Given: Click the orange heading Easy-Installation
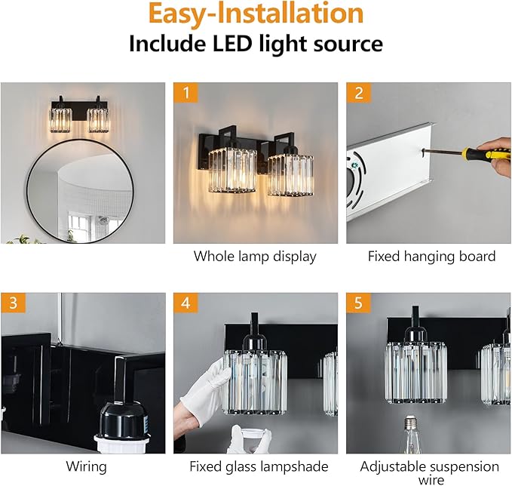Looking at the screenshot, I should pyautogui.click(x=256, y=15).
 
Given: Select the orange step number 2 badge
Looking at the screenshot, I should pyautogui.click(x=358, y=94).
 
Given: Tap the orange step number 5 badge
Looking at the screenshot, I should pyautogui.click(x=358, y=304).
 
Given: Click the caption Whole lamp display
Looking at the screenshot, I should pyautogui.click(x=255, y=257).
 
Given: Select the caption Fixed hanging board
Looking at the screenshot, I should pyautogui.click(x=431, y=257).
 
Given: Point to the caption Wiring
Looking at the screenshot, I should pyautogui.click(x=86, y=467).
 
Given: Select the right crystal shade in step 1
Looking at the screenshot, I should pyautogui.click(x=290, y=174).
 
